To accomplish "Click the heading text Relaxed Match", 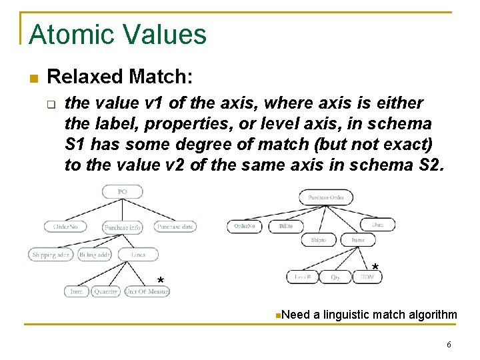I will [121, 77].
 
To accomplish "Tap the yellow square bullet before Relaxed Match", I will [33, 79].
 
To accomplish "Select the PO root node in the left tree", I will [123, 192].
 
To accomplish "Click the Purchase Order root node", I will [326, 197].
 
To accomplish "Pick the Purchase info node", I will [123, 227].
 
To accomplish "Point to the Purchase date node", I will [175, 227].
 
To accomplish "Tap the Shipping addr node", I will [51, 255].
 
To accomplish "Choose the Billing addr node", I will [95, 255].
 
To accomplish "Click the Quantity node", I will [106, 291].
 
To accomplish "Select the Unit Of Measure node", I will [147, 291].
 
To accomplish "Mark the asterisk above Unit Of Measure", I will [160, 279].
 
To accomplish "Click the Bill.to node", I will [286, 227].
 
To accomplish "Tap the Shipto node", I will [319, 241].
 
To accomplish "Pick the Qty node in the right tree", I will [335, 277].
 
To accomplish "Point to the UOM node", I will [367, 277].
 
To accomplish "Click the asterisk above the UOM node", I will [375, 268].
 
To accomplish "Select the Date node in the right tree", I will [377, 225].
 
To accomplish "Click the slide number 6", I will [449, 345].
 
